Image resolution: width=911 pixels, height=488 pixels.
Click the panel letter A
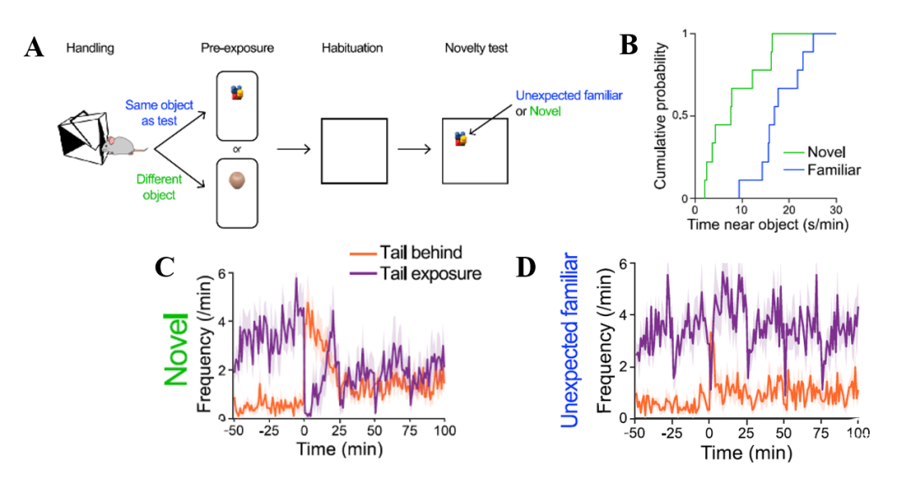[x=35, y=47]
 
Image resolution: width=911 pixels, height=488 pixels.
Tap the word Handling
[x=90, y=48]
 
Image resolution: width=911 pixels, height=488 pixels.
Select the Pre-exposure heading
[x=237, y=48]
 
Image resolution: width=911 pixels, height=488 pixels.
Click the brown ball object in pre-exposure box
[x=237, y=180]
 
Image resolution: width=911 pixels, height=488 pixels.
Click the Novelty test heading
[x=476, y=48]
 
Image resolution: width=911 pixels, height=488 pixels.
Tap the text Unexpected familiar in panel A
[x=569, y=95]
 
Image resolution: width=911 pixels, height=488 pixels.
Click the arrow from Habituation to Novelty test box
[x=414, y=150]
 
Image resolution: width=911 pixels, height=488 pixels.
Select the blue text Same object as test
[x=159, y=113]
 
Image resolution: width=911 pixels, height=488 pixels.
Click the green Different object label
[x=159, y=187]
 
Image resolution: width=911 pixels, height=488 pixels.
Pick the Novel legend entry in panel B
[x=814, y=152]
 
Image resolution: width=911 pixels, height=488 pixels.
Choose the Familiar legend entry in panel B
[x=822, y=170]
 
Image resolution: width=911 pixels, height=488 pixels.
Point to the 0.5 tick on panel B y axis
[x=680, y=115]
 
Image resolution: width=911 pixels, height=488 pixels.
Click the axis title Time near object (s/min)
[x=768, y=224]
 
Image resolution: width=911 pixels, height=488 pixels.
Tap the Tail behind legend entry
[x=406, y=252]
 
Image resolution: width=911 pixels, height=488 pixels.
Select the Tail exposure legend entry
[x=415, y=273]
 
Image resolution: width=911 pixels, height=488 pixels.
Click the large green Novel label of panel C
[x=176, y=349]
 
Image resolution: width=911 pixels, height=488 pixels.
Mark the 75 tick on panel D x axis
[x=821, y=433]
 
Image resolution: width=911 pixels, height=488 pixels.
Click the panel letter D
[x=526, y=267]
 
